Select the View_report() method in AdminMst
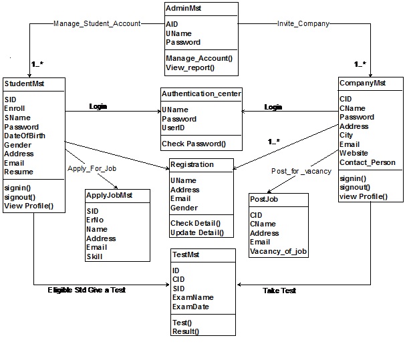tap(190, 67)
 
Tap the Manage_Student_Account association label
tap(96, 23)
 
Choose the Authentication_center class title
tap(201, 94)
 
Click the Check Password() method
tap(193, 144)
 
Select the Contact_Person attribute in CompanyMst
tap(367, 162)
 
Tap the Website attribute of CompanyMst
tap(354, 153)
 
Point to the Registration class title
tap(192, 164)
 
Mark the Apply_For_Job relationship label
tap(92, 169)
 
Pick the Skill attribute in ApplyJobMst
tap(94, 256)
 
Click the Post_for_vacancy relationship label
tap(301, 172)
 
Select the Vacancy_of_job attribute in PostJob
tap(277, 251)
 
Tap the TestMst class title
tap(186, 254)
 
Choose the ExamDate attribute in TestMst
tap(191, 307)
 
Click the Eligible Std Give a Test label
tap(86, 291)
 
